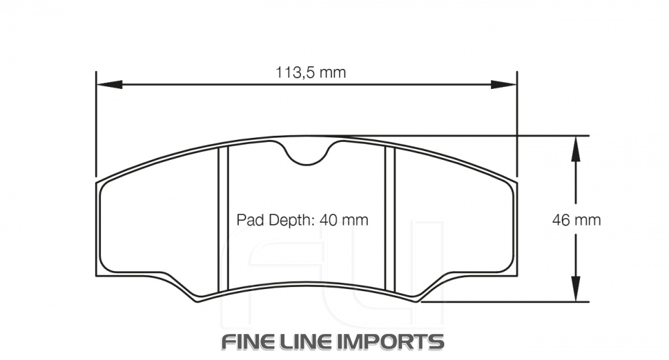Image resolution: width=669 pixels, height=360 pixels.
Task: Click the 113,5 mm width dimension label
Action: click(311, 72)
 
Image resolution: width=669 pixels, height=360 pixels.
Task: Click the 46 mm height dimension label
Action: click(576, 219)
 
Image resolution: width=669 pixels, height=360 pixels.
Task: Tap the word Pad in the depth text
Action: click(249, 220)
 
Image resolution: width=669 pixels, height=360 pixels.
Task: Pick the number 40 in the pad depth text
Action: click(332, 220)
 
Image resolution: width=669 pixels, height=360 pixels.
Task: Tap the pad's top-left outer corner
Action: click(97, 181)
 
